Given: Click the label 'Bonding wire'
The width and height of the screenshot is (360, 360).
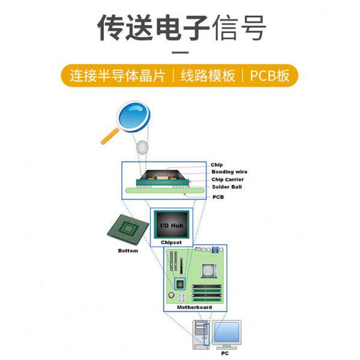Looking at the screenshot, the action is [x=229, y=172].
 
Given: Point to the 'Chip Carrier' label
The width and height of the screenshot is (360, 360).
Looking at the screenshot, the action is [x=227, y=179].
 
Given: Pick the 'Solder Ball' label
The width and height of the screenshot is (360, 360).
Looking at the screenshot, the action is [x=226, y=187].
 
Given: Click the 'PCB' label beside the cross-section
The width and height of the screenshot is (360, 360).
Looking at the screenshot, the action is [x=218, y=197].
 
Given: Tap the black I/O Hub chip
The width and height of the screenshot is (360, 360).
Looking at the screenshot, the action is [x=171, y=225].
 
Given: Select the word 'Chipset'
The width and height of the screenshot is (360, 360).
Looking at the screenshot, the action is [x=171, y=242].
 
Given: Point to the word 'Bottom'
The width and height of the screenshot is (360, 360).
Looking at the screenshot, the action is [x=128, y=251].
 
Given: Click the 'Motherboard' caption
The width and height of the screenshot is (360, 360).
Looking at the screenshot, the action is [x=194, y=307].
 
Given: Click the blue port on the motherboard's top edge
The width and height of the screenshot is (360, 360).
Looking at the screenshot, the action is [x=214, y=250].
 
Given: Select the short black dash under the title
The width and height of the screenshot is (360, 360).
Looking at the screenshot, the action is [x=179, y=53].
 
